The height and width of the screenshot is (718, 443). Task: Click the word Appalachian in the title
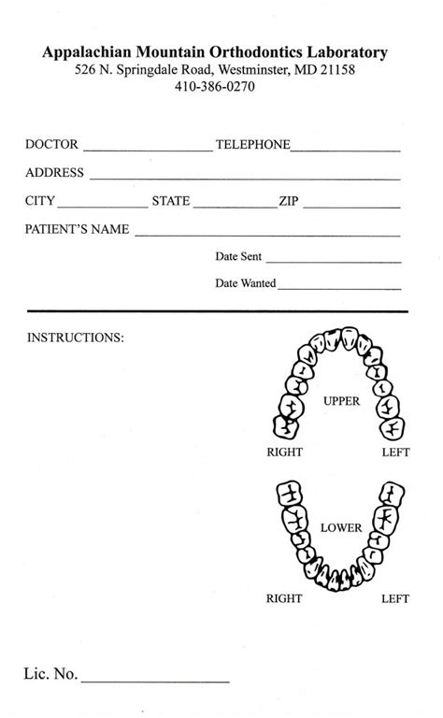click(84, 54)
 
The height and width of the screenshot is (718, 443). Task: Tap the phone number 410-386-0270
click(214, 87)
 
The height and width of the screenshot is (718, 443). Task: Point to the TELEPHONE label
click(252, 145)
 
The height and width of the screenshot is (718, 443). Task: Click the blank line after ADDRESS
click(245, 176)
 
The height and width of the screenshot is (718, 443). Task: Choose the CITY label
click(40, 201)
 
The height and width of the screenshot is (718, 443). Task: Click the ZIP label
click(289, 201)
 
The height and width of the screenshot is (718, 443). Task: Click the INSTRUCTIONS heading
click(75, 337)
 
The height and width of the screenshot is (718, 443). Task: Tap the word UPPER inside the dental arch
click(341, 401)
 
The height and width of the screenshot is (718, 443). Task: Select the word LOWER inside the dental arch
click(340, 528)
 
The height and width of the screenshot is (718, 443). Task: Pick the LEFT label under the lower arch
click(395, 598)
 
